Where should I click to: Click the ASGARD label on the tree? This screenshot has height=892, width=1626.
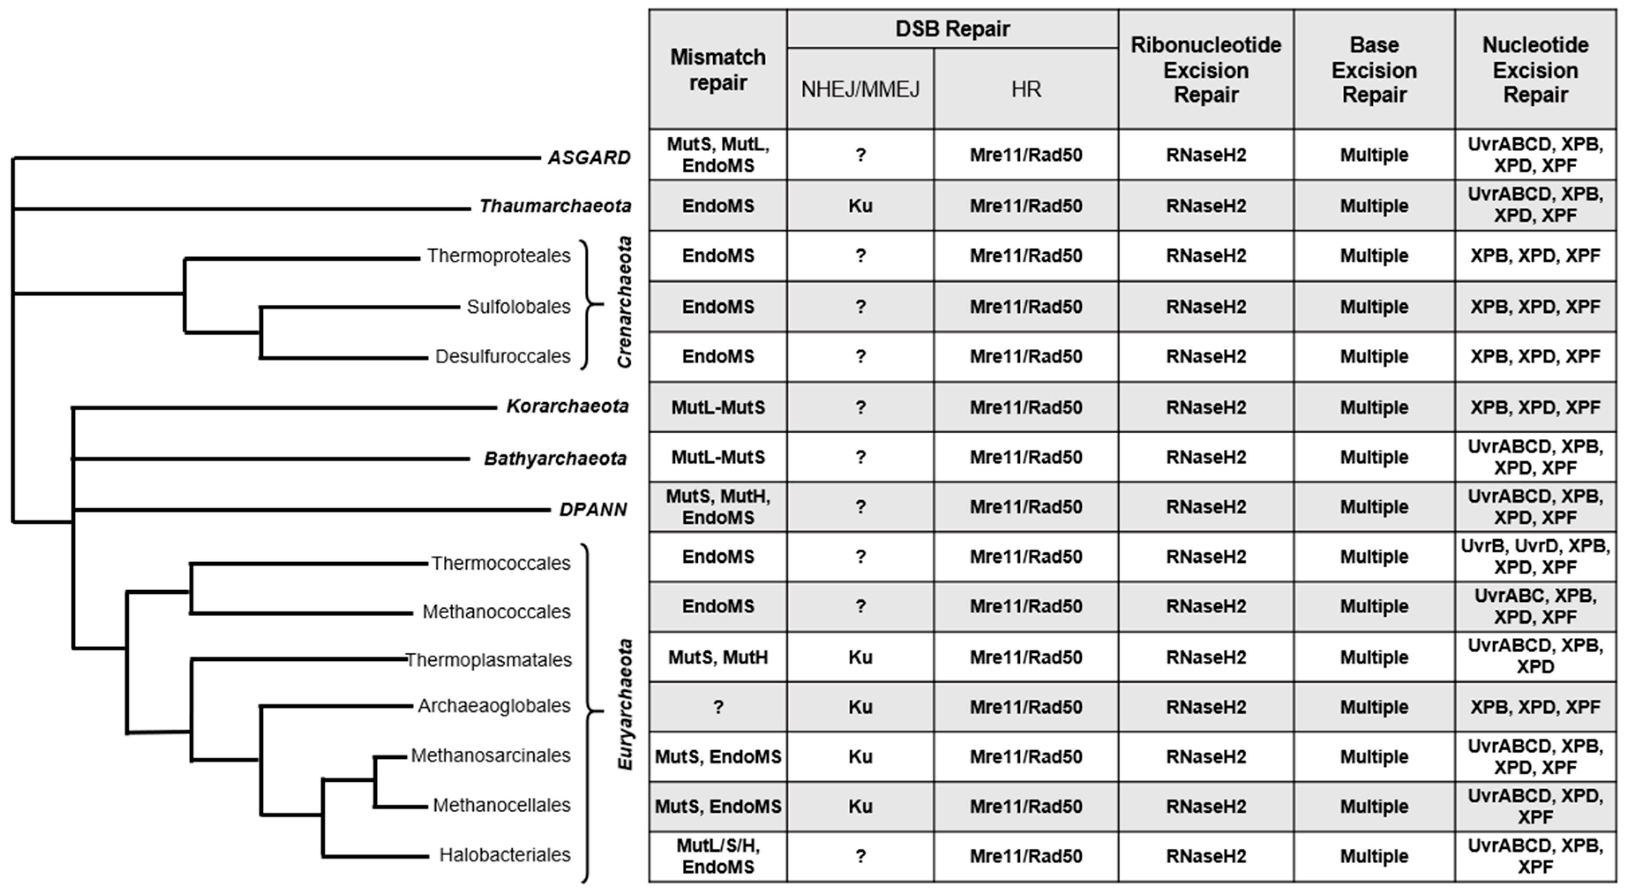(589, 157)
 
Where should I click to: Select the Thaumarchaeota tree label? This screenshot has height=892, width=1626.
(555, 206)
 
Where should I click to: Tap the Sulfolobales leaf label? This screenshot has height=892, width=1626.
(518, 307)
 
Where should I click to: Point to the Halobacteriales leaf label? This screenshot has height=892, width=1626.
(505, 855)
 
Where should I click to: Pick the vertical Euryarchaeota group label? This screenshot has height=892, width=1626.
(625, 705)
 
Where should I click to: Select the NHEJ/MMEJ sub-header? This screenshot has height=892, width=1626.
(860, 90)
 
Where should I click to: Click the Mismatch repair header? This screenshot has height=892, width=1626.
(718, 69)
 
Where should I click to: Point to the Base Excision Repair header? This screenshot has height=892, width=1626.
(1374, 69)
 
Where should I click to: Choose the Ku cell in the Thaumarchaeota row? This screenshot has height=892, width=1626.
(860, 206)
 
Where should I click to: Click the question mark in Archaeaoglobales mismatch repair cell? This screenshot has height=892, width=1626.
(718, 707)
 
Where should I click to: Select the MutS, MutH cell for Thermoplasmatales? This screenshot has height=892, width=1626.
(718, 658)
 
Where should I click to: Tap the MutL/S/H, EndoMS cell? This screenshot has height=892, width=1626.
(718, 856)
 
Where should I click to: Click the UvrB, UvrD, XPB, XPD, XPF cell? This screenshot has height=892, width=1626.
(1535, 557)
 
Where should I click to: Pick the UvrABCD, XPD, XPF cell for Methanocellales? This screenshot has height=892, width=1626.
(1535, 806)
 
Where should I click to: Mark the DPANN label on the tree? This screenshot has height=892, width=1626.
(593, 510)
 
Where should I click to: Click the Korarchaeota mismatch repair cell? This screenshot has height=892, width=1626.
(718, 407)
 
